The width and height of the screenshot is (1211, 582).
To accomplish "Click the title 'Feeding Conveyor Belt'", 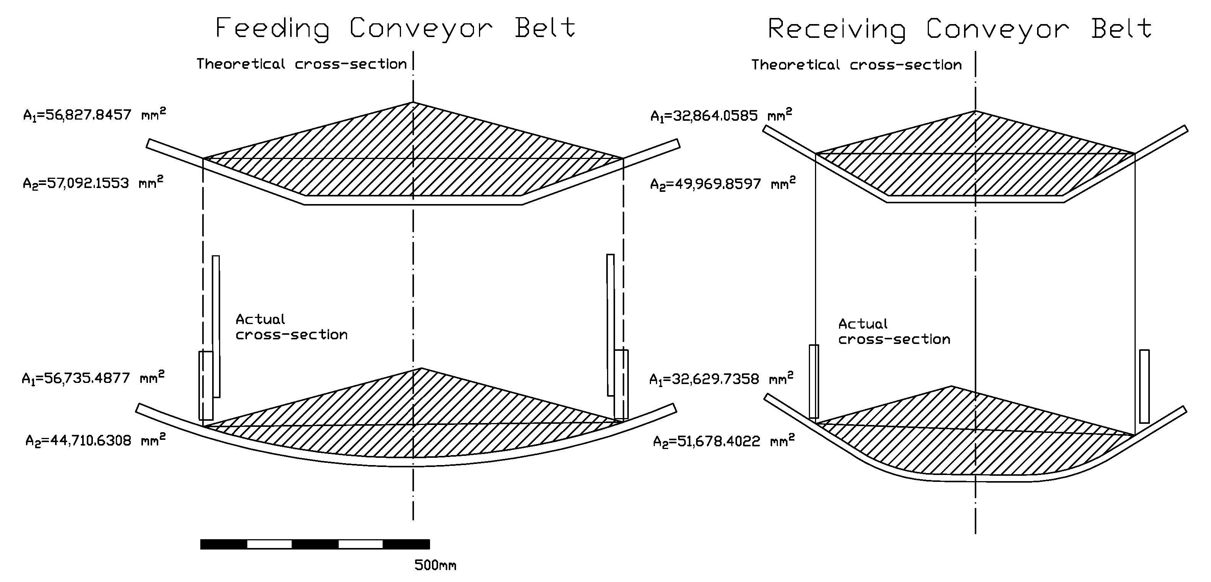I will click(x=395, y=28).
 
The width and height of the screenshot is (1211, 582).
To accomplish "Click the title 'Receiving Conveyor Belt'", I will click(x=959, y=29).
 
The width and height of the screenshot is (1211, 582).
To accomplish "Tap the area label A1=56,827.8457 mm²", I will click(x=94, y=115).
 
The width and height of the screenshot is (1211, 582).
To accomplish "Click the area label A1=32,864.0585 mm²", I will click(x=721, y=115).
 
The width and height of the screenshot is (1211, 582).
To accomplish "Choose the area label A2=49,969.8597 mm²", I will click(x=722, y=183).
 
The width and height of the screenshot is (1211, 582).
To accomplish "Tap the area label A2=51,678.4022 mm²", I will click(x=724, y=441).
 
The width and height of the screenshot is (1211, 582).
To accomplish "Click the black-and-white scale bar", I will click(x=315, y=545).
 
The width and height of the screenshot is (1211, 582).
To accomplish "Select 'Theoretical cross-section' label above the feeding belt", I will click(x=301, y=64).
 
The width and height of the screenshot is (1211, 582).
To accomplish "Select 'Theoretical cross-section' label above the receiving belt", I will click(x=856, y=65).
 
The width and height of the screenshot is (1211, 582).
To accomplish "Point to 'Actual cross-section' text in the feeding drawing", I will click(x=291, y=327).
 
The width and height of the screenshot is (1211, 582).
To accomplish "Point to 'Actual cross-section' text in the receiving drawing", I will click(x=894, y=331).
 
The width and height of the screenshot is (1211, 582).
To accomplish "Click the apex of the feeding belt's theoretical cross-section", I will click(x=413, y=102).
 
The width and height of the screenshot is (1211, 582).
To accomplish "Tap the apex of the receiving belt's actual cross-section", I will click(x=952, y=386).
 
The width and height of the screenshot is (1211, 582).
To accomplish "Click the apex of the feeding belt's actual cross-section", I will click(x=422, y=368).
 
